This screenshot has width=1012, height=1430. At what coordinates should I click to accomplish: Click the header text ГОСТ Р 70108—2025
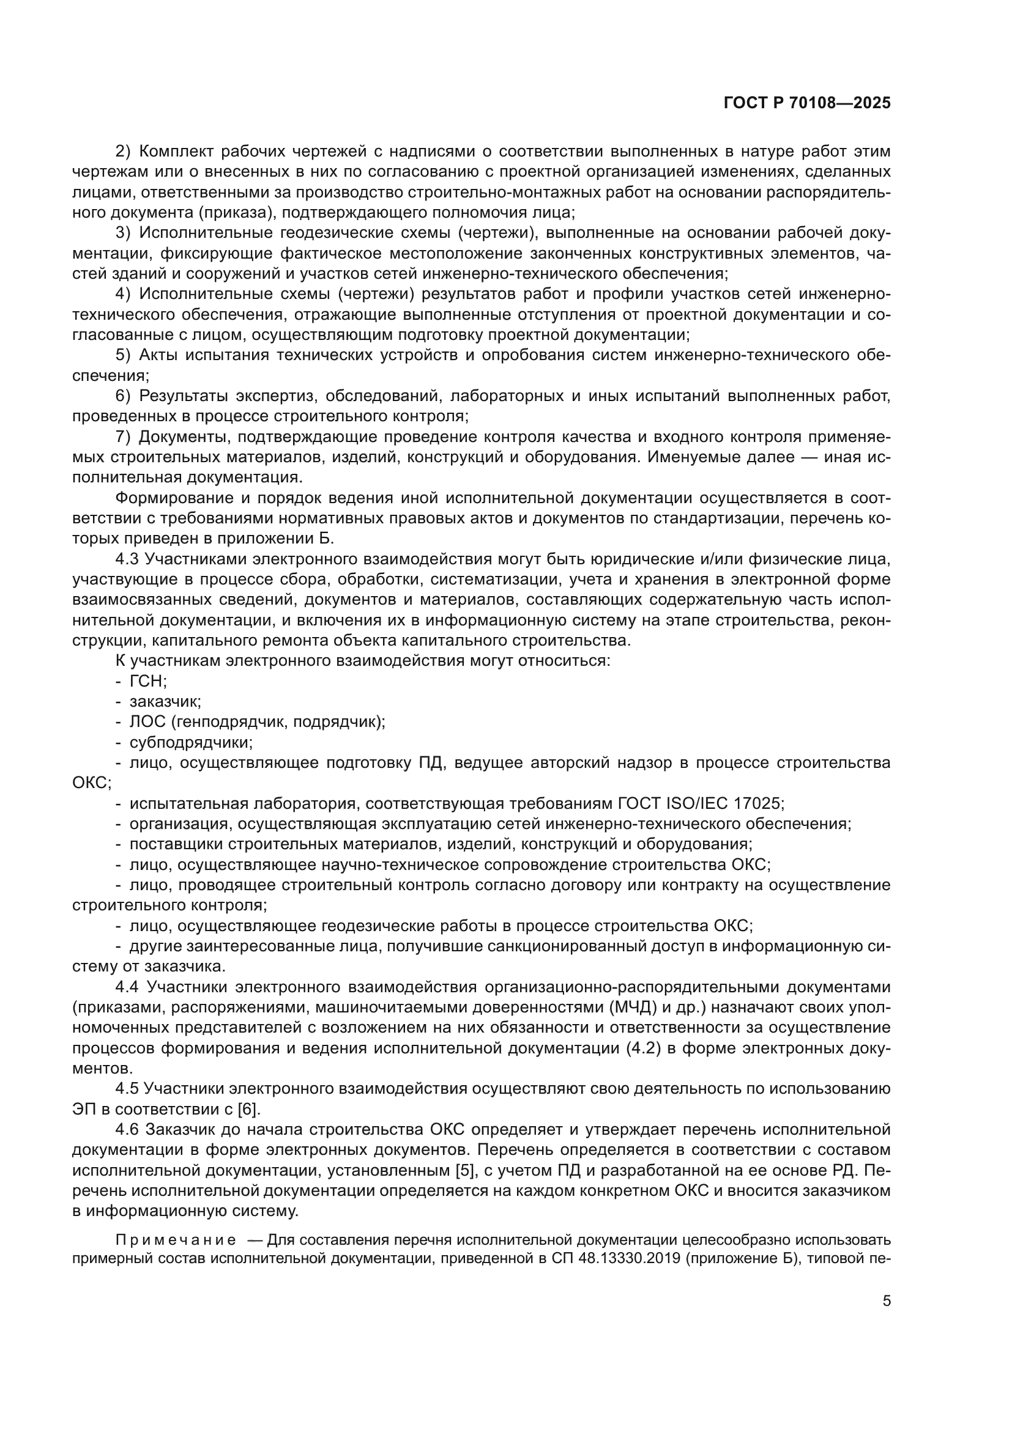point(807,103)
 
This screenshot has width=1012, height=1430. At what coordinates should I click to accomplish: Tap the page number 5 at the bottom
point(886,1301)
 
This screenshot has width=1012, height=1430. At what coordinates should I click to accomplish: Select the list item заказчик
point(165,702)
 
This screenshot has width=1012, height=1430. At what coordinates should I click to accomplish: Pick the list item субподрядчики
point(191,742)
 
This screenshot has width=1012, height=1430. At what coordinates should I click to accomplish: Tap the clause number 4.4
point(130,987)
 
